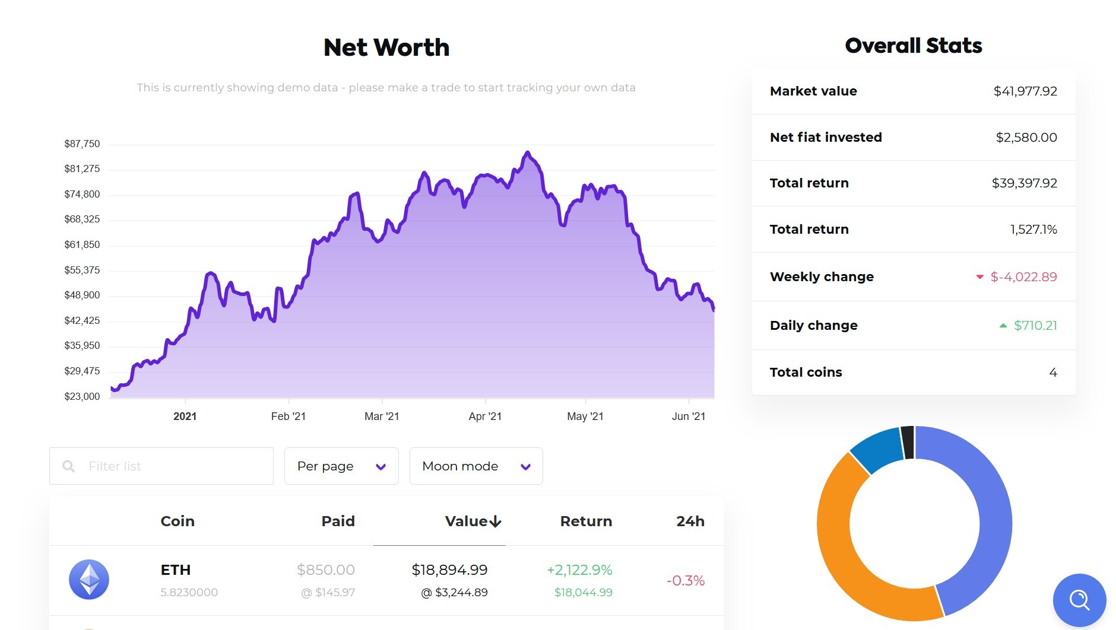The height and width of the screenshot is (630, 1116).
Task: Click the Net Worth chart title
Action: tap(386, 47)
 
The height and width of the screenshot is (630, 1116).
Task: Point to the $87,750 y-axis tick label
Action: tap(82, 144)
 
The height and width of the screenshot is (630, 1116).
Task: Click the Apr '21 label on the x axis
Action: tap(485, 416)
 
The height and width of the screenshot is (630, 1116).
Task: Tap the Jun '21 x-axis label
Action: tap(688, 416)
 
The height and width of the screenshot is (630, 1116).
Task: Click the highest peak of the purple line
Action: tap(527, 153)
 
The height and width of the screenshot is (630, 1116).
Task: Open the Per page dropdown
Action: tap(341, 466)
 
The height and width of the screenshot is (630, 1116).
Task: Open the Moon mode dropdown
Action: tap(476, 466)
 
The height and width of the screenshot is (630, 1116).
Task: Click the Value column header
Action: tap(473, 521)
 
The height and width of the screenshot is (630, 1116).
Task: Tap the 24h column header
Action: tap(690, 521)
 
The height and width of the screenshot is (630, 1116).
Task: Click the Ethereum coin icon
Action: tap(89, 580)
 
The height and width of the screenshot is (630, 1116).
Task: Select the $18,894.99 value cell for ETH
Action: tap(449, 570)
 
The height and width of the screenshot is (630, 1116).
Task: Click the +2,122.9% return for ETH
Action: tap(579, 570)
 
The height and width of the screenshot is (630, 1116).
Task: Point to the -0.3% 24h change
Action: tap(685, 581)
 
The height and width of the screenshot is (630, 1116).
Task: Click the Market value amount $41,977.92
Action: tap(1025, 91)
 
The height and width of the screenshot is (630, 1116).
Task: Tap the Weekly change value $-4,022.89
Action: tap(1023, 277)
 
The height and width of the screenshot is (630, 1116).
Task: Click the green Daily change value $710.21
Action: tap(1035, 326)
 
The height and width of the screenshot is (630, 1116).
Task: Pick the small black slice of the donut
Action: tap(907, 442)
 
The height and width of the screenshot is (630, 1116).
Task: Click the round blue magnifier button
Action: tap(1079, 600)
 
